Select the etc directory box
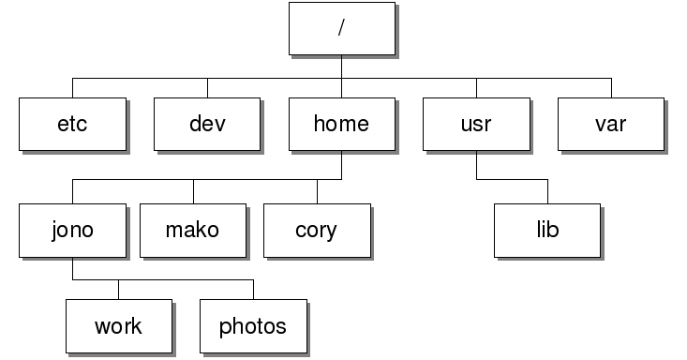point(72,124)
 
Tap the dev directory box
point(207,124)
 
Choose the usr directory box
point(476,124)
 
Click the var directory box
point(611,124)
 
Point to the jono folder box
point(72,230)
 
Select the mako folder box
point(194,230)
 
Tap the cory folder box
point(317,230)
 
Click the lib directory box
point(548,230)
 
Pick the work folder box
point(119,326)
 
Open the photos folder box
point(253,326)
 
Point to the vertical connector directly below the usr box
point(476,163)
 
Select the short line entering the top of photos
point(253,289)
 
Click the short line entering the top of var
point(611,86)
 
